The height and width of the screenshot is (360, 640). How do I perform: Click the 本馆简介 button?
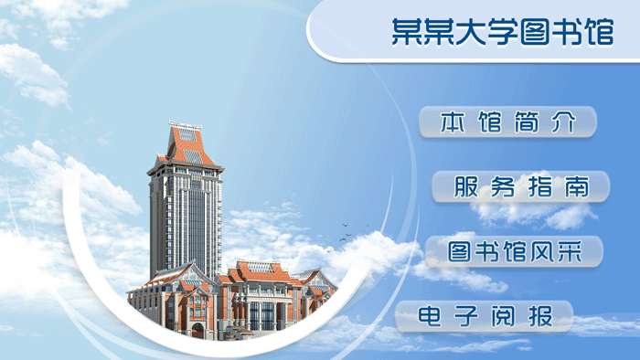(507, 122)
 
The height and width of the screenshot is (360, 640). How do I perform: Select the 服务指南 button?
(520, 186)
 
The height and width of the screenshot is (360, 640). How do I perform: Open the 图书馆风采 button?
(514, 251)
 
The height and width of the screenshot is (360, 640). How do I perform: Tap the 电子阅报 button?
(485, 317)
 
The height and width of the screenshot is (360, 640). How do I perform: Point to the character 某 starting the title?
(404, 32)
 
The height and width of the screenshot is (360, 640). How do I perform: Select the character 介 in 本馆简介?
(564, 122)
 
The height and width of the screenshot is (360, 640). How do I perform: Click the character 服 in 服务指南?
(466, 187)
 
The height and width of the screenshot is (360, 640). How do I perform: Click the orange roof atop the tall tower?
(186, 146)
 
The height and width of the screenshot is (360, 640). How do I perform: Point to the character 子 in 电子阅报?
(465, 317)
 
